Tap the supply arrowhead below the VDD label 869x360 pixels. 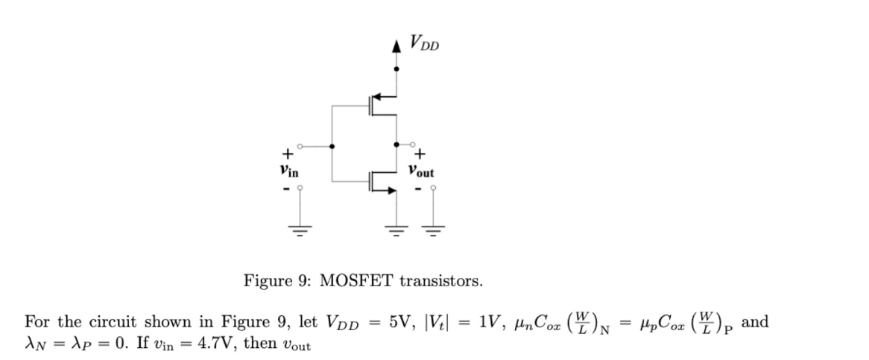pos(396,46)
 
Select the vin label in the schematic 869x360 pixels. pos(288,171)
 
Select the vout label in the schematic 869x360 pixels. pos(421,171)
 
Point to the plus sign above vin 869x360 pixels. pos(286,155)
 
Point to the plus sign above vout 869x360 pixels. pos(420,155)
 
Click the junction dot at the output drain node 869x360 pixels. pos(396,145)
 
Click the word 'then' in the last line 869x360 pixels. pos(259,347)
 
